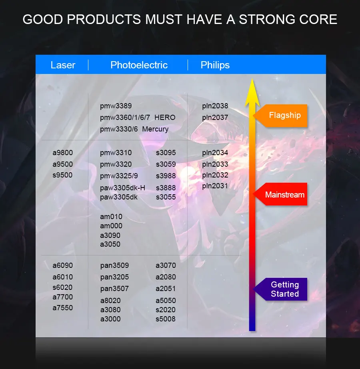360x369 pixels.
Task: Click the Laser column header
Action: [63, 65]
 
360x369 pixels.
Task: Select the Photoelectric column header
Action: [139, 65]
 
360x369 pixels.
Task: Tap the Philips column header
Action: [215, 65]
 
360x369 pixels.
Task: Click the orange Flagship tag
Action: [280, 116]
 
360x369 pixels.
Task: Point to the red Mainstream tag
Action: [280, 194]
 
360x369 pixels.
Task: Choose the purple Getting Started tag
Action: [280, 289]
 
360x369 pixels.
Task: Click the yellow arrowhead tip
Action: [252, 79]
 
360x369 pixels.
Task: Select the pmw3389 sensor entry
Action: [116, 106]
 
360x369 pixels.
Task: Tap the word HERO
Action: [165, 118]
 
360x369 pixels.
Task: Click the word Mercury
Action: [155, 129]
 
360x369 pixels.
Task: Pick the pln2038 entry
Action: [215, 106]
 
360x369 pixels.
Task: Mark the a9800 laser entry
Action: [63, 153]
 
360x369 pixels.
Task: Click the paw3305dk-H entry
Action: [122, 188]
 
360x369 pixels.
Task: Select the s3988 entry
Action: [166, 176]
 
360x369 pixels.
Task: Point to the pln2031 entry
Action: [215, 186]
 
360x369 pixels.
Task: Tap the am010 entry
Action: [111, 217]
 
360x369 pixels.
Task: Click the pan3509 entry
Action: [114, 265]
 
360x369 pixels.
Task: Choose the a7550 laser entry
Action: [63, 307]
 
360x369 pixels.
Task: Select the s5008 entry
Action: [166, 319]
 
